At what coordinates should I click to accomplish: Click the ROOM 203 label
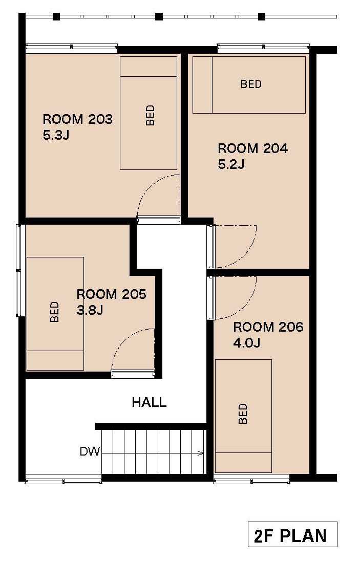click(x=77, y=119)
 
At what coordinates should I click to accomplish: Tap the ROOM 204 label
click(x=253, y=148)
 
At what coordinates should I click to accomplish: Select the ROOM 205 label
click(x=112, y=294)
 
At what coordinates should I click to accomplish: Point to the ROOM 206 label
click(x=268, y=327)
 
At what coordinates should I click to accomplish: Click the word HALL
click(x=149, y=402)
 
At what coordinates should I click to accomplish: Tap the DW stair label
click(x=90, y=451)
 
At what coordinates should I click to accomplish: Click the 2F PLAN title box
click(x=292, y=534)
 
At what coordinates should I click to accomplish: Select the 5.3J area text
click(x=56, y=135)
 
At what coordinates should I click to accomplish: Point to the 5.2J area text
click(x=231, y=164)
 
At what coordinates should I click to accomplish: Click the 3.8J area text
click(x=90, y=310)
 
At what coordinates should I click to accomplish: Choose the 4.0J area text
click(x=247, y=343)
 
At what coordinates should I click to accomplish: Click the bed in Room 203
click(x=149, y=113)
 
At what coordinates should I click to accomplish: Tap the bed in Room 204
click(x=249, y=84)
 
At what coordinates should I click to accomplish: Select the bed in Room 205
click(x=55, y=314)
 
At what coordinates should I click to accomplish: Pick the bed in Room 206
click(x=243, y=416)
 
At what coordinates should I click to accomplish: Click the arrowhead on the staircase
click(x=201, y=453)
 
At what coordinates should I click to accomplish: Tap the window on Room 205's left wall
click(x=18, y=270)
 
